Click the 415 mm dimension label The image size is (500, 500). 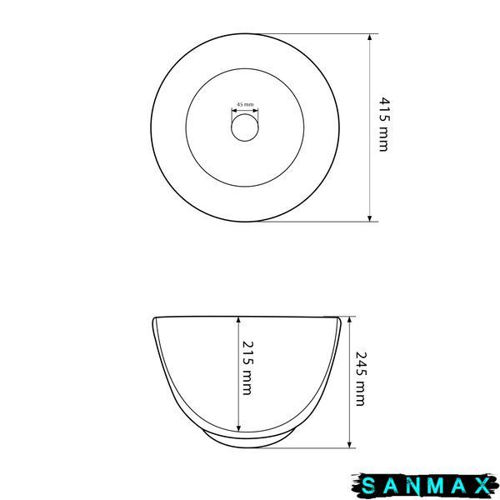coord(384,124)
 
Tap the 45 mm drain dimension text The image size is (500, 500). coord(245,104)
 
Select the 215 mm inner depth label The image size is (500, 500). coord(247,368)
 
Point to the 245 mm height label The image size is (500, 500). coord(361,379)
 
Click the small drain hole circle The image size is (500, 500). coord(245,114)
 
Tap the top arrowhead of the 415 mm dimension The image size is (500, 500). coord(369,37)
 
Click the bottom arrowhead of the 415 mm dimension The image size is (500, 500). coord(369,218)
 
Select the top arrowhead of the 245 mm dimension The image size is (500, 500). coord(349,320)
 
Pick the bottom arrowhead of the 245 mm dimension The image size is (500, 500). coord(349,444)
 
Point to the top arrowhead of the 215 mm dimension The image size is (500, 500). coord(238,320)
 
